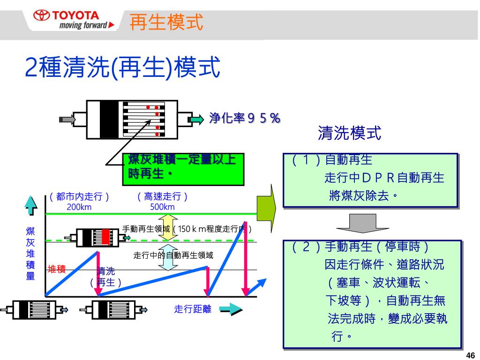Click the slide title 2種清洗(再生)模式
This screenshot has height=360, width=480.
pyautogui.click(x=122, y=68)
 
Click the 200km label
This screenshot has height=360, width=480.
pyautogui.click(x=79, y=207)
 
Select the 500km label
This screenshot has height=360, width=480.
pyautogui.click(x=163, y=207)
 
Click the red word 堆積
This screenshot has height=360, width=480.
pyautogui.click(x=57, y=269)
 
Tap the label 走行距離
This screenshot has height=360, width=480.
pyautogui.click(x=193, y=309)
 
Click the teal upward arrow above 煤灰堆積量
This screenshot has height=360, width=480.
pyautogui.click(x=31, y=205)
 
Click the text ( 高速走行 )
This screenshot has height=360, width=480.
pyautogui.click(x=163, y=197)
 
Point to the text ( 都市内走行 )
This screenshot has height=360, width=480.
pyautogui.click(x=80, y=197)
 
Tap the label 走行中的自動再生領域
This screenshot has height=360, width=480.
pyautogui.click(x=173, y=255)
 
